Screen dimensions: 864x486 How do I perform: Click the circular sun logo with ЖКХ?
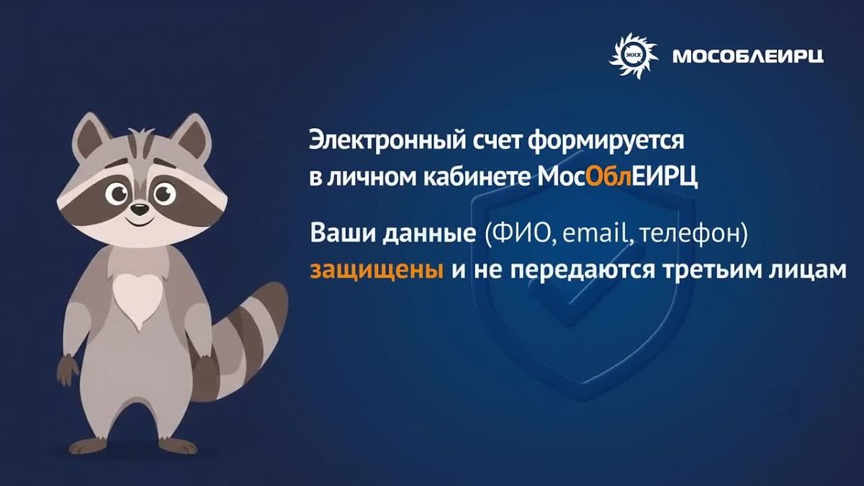point(633,56)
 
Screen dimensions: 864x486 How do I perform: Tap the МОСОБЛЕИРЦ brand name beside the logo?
point(748,57)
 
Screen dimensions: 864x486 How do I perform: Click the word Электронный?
point(387,141)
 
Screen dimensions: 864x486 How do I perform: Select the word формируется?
point(606,142)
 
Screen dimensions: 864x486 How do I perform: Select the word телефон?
point(690,235)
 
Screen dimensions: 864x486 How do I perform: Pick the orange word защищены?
point(377,271)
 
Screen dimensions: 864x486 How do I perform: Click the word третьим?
point(709,270)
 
